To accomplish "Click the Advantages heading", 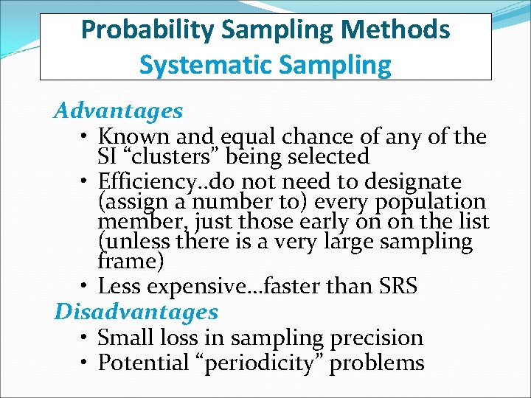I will (118, 111).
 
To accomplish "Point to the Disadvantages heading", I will (136, 313).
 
